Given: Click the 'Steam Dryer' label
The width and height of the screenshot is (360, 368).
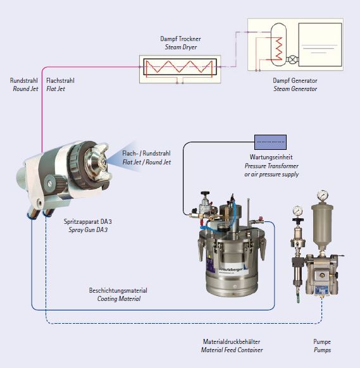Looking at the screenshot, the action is coord(180,47).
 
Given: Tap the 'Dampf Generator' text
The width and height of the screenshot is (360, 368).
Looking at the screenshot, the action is coord(295,80).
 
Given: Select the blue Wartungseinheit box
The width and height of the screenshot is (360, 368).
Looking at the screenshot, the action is coord(270,142).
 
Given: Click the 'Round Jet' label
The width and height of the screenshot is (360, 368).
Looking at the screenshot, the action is coord(25,89).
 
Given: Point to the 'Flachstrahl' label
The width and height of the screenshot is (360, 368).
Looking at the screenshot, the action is coord(60,80).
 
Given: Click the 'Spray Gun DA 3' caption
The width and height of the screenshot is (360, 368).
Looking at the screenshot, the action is coord(88,230).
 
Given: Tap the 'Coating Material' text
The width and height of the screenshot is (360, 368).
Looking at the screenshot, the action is coord(119,299).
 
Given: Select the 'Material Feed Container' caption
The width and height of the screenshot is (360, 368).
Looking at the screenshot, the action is coord(232,350).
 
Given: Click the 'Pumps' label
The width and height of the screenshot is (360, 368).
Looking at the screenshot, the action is coord(322,350).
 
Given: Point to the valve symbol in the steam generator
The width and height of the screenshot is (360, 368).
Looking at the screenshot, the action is coord(292,59).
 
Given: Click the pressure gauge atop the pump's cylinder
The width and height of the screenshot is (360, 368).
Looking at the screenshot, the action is coord(323,195).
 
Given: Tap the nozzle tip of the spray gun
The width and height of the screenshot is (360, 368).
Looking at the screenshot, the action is coord(103,161).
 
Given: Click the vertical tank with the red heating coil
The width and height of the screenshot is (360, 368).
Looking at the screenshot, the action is coord(278,45).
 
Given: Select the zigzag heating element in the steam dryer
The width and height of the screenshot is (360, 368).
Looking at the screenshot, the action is coord(179,66).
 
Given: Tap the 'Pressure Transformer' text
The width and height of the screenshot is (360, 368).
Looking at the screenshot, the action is coord(271,166).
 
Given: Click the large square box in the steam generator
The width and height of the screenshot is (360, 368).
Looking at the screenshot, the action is coord(320,45).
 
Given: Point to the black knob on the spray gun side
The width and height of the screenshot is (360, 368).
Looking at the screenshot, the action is coord(54,183).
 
